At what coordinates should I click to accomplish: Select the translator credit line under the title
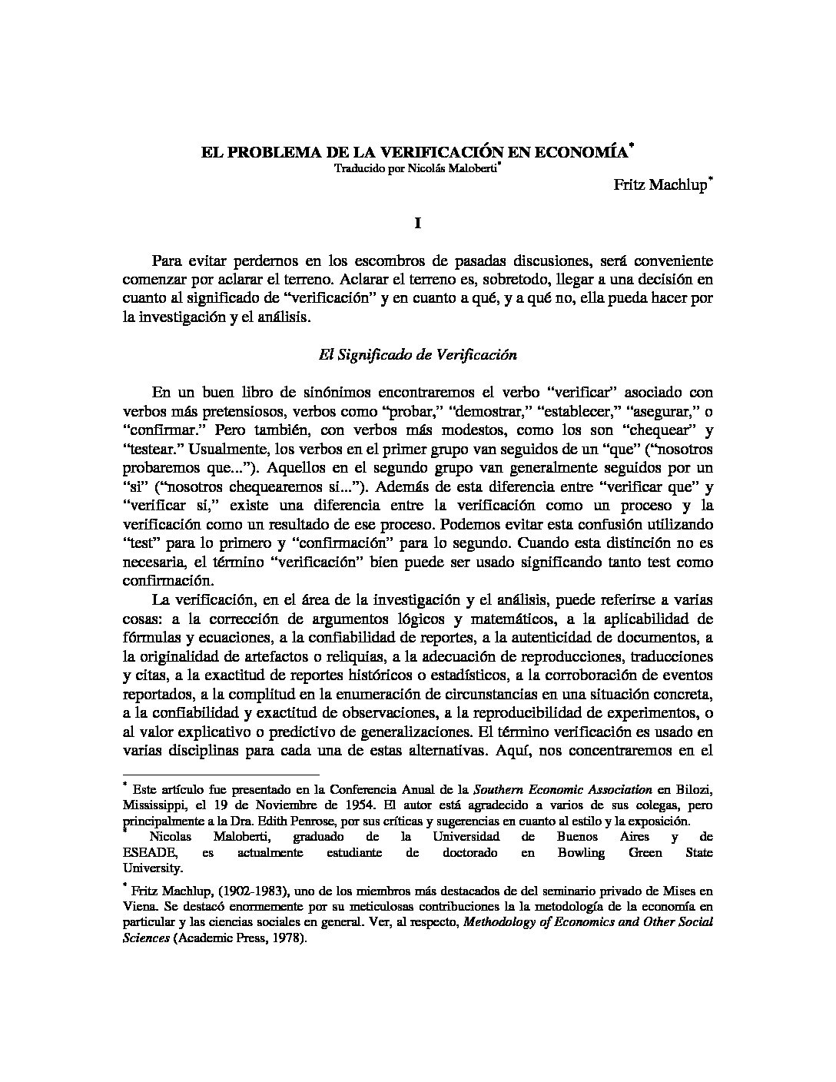416,169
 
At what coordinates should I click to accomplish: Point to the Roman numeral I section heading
417,223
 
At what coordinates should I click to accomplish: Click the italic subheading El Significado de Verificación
417,355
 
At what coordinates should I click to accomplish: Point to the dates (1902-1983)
253,891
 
